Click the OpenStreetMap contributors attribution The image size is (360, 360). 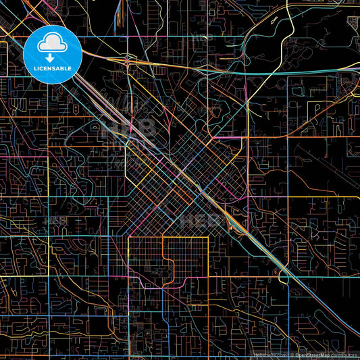(324, 355)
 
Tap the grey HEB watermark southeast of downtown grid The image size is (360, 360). (200, 220)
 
